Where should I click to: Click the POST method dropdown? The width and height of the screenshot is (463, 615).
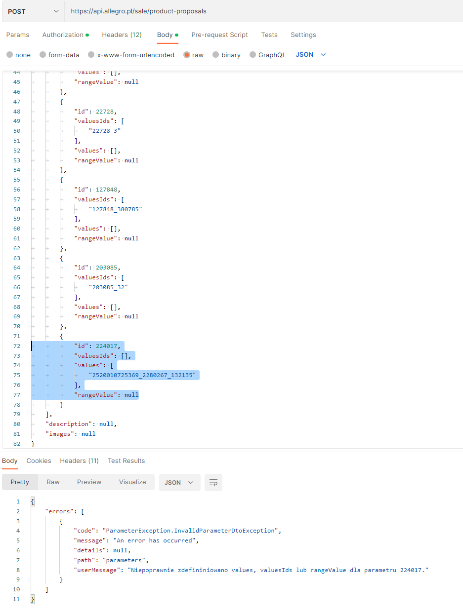(33, 11)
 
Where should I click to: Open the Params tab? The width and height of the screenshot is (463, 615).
(18, 35)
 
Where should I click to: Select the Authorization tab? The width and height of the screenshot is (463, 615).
(63, 35)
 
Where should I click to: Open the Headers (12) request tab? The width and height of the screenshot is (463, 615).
(122, 35)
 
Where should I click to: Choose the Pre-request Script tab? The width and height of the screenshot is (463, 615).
(219, 35)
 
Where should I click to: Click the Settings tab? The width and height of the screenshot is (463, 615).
(303, 35)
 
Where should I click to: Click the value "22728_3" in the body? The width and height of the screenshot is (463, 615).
(105, 131)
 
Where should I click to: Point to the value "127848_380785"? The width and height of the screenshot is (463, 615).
(116, 209)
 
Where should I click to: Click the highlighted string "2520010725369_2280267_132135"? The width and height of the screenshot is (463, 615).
(142, 376)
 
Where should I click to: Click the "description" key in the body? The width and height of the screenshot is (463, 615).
(69, 424)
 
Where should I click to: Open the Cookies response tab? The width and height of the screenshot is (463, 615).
(39, 461)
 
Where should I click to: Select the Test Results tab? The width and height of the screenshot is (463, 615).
(126, 461)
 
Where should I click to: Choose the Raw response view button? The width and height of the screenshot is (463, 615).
(53, 482)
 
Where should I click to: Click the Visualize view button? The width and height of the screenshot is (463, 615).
(132, 482)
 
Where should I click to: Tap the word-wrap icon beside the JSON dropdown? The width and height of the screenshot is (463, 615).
(213, 483)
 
